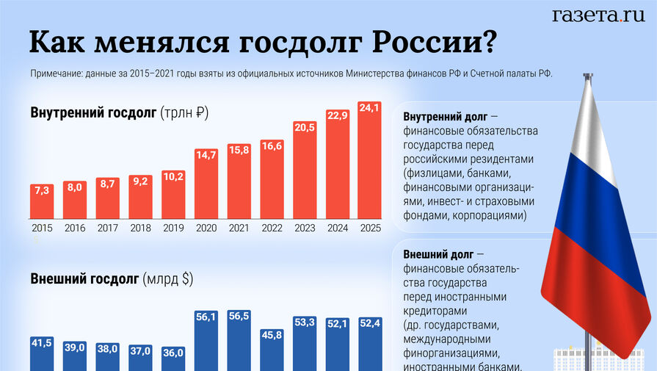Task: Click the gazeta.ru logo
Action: click(x=598, y=15)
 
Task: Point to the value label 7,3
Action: click(x=42, y=190)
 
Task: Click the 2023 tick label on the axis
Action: click(x=305, y=228)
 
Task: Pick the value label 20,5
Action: click(x=305, y=126)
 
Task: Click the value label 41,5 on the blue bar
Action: click(x=42, y=342)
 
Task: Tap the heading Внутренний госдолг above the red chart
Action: click(x=93, y=113)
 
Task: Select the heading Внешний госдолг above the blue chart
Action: click(x=84, y=279)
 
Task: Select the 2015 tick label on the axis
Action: click(x=42, y=228)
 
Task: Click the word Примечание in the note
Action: click(x=57, y=74)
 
